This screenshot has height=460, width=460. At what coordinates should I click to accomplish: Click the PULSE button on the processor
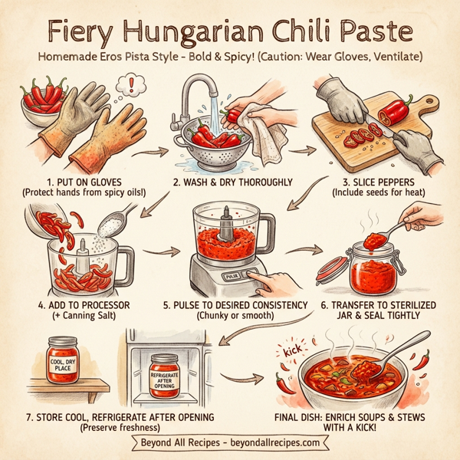tap(230, 274)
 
